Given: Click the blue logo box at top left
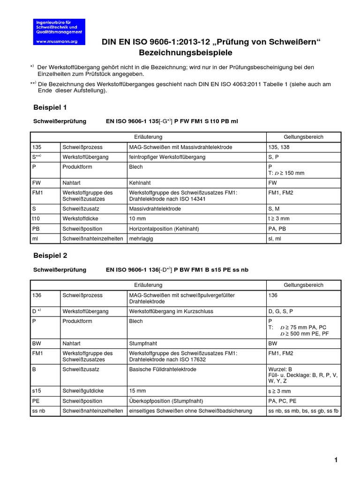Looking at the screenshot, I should (x=59, y=32).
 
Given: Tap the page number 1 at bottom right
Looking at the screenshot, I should (x=336, y=460).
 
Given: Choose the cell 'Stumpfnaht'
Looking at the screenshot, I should (x=142, y=343).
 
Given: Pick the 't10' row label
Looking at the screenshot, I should (x=37, y=218).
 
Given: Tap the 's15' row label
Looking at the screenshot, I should (x=37, y=391).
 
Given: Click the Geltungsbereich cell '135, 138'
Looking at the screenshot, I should (x=279, y=147).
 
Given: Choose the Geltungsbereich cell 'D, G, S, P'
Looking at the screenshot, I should (x=282, y=311).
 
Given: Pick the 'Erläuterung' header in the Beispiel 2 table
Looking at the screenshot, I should (x=148, y=285).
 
